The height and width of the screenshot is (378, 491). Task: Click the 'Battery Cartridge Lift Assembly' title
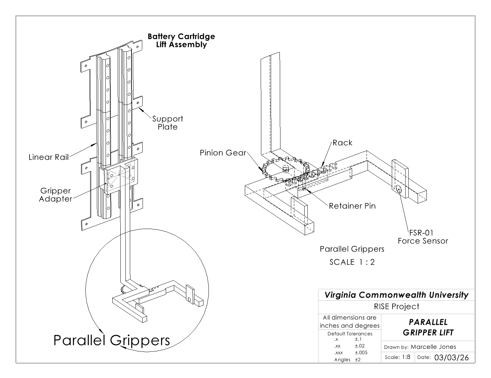click(x=181, y=40)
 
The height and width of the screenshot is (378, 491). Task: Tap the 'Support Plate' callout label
click(x=167, y=123)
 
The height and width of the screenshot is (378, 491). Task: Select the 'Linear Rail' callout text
click(x=48, y=157)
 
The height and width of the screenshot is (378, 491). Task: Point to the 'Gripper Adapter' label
click(x=55, y=195)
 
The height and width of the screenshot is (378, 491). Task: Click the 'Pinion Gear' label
click(x=223, y=153)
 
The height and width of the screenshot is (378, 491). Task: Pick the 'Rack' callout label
click(x=342, y=143)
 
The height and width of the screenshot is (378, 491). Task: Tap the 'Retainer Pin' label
click(x=352, y=206)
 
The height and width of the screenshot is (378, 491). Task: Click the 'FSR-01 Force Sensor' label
click(x=423, y=237)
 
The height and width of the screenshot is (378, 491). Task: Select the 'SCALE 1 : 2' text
click(x=352, y=262)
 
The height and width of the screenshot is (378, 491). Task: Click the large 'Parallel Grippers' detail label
click(x=112, y=340)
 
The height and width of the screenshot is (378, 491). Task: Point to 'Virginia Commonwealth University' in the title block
click(x=396, y=295)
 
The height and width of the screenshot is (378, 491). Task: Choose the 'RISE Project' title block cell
click(x=396, y=306)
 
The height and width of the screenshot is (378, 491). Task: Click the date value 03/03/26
click(x=451, y=357)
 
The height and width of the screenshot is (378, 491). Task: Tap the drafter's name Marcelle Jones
click(x=433, y=347)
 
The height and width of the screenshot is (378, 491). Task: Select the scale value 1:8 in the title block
click(x=406, y=357)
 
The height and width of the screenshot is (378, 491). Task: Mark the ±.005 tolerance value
click(x=361, y=352)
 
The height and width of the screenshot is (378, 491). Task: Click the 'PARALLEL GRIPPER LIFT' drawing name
click(x=428, y=327)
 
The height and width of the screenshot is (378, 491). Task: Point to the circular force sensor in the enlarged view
click(x=399, y=189)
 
